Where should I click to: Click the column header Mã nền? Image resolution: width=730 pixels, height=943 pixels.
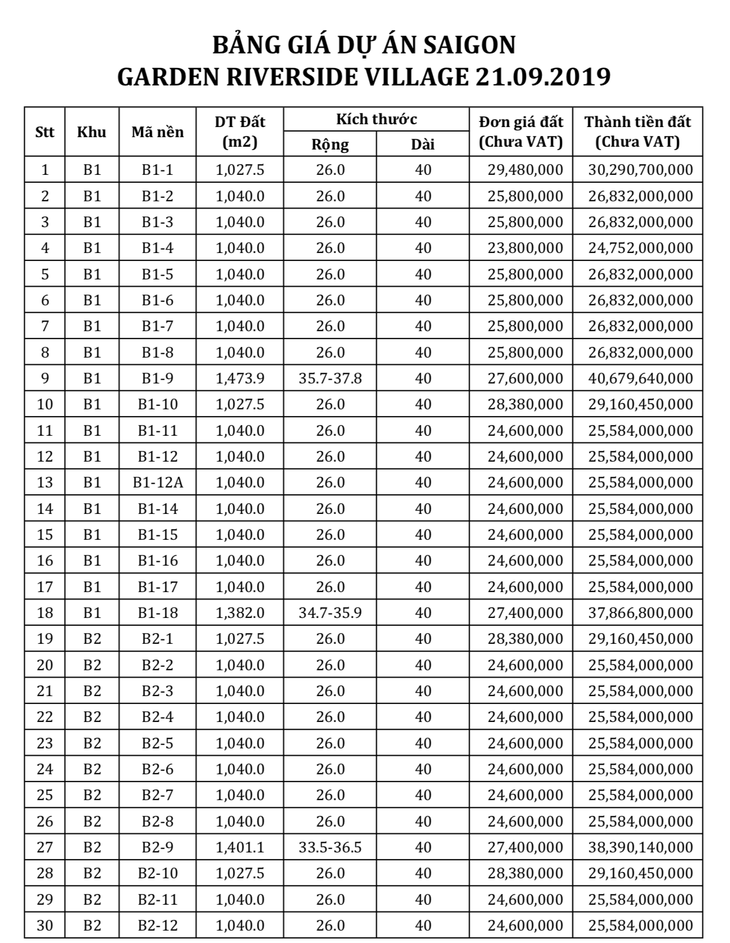click(x=157, y=132)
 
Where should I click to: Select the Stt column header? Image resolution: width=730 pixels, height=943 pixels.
click(x=44, y=132)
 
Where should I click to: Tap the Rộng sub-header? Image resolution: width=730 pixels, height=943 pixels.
click(x=330, y=145)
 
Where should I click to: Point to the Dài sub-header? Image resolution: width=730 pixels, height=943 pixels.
click(x=422, y=145)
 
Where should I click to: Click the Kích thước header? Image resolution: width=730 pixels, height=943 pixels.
click(x=376, y=119)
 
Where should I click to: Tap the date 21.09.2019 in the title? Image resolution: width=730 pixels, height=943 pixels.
click(x=542, y=77)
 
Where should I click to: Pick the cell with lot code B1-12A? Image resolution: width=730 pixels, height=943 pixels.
click(x=157, y=482)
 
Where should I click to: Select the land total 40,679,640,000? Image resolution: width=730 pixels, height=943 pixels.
click(x=641, y=378)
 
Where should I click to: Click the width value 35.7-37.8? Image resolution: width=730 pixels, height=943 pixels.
click(x=330, y=378)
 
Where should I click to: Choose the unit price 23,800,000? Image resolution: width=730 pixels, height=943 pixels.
click(x=525, y=248)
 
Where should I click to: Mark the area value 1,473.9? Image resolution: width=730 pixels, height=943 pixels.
click(x=240, y=378)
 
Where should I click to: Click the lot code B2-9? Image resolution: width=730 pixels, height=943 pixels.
click(x=157, y=847)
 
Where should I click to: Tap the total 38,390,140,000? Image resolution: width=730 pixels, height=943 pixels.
click(x=641, y=847)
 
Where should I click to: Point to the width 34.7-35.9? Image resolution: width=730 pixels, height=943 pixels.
click(x=330, y=613)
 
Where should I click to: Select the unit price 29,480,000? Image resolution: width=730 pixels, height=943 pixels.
click(x=525, y=170)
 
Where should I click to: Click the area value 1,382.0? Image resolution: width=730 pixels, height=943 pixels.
click(x=240, y=613)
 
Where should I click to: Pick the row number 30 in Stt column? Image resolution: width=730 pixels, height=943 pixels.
click(x=44, y=926)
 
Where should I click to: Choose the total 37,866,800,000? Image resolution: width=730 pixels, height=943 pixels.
click(x=641, y=613)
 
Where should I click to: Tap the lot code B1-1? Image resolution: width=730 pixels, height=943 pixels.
click(x=157, y=170)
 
